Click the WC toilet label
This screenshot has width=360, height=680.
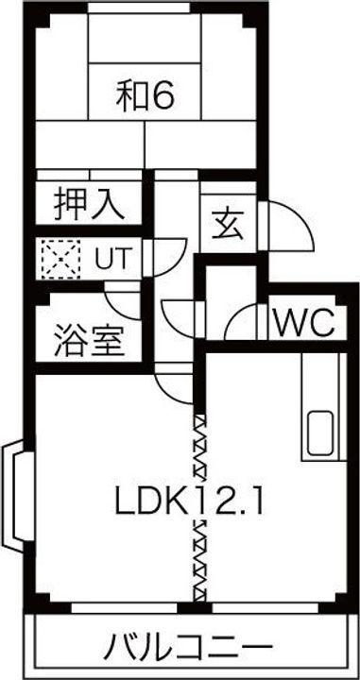(304, 324)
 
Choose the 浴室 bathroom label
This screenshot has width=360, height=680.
(88, 339)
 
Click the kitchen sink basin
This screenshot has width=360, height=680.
(319, 433)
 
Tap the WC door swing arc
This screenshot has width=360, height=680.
(245, 321)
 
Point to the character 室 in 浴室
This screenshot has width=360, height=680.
(108, 339)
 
